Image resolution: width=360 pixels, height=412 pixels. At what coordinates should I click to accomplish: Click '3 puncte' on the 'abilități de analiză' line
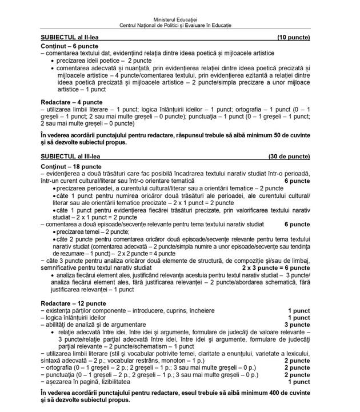click(297, 324)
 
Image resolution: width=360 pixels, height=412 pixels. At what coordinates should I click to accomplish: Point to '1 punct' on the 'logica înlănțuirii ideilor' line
click(299, 317)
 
